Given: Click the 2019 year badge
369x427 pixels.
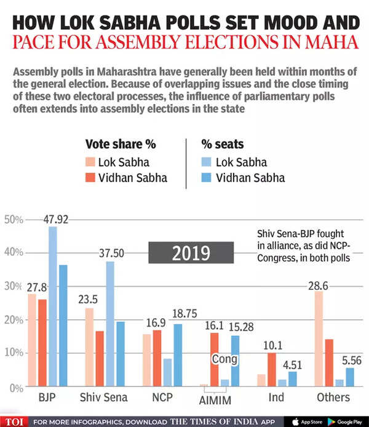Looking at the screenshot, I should tap(191, 253).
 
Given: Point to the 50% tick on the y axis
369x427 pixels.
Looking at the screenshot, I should tap(14, 220).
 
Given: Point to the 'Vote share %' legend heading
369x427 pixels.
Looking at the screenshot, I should tap(121, 145).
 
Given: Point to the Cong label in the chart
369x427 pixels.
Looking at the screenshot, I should tap(224, 359).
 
